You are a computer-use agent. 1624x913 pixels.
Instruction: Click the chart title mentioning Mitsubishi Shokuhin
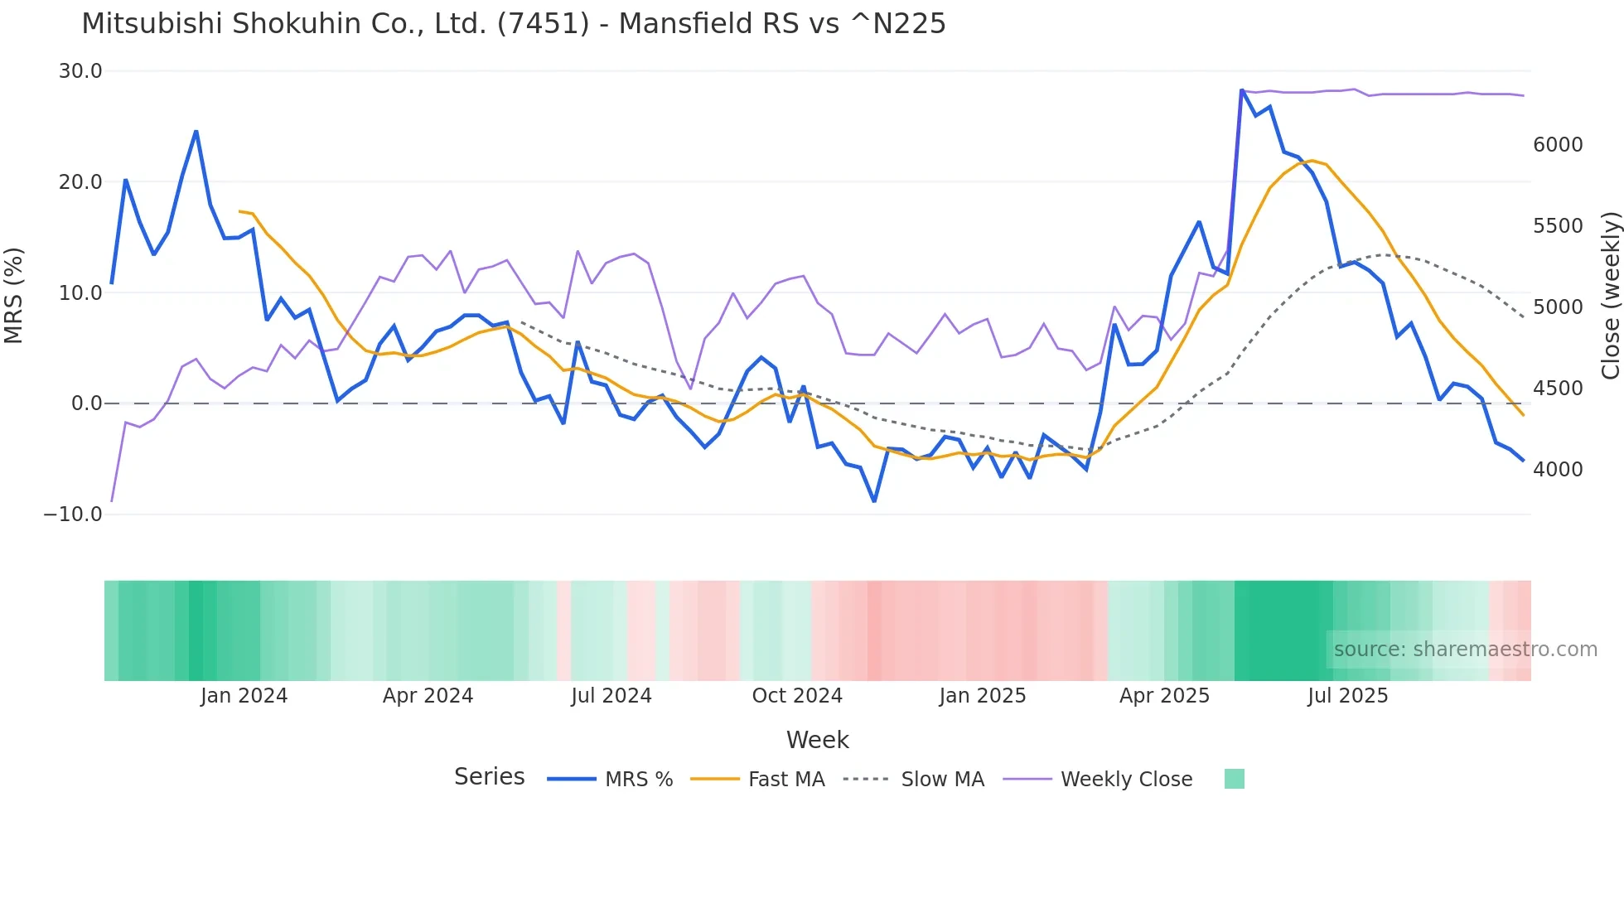coord(514,24)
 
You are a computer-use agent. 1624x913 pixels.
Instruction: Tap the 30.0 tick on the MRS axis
coord(80,71)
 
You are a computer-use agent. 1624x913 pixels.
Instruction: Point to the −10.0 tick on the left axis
coord(73,514)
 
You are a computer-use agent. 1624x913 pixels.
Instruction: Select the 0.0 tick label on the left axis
coord(86,403)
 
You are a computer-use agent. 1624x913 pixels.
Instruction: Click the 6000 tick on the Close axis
coord(1558,145)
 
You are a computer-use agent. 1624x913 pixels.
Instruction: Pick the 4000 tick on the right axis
coord(1558,470)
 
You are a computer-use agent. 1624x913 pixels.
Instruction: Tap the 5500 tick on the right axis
coord(1558,226)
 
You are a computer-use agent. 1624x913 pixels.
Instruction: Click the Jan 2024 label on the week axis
coord(244,696)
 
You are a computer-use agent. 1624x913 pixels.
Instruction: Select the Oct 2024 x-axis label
coord(797,696)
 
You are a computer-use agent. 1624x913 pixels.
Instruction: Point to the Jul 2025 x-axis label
coord(1348,696)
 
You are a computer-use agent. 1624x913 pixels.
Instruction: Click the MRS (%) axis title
coord(14,295)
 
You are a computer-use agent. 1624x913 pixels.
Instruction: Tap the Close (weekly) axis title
coord(1610,295)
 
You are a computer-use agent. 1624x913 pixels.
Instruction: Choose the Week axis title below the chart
coord(817,740)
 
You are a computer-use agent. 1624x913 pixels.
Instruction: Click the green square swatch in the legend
coord(1234,779)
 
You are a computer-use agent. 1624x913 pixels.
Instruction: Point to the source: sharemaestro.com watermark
coord(1465,650)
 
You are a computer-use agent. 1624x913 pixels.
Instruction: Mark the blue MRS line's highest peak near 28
coord(1242,89)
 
